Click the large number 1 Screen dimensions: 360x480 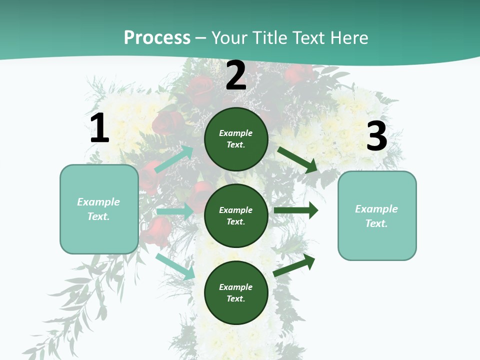99,128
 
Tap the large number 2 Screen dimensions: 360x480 236,75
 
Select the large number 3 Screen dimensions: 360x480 376,136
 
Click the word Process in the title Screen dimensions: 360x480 157,37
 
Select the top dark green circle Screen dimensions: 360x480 236,139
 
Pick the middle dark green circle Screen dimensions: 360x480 236,215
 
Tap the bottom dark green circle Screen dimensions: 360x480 236,292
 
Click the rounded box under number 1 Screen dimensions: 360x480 99,209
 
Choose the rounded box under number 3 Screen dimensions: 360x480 377,216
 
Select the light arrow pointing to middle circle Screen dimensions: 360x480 175,211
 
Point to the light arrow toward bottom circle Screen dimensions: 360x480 175,266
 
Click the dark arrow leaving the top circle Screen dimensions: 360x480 298,159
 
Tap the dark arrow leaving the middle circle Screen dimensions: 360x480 295,210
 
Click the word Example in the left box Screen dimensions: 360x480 98,202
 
